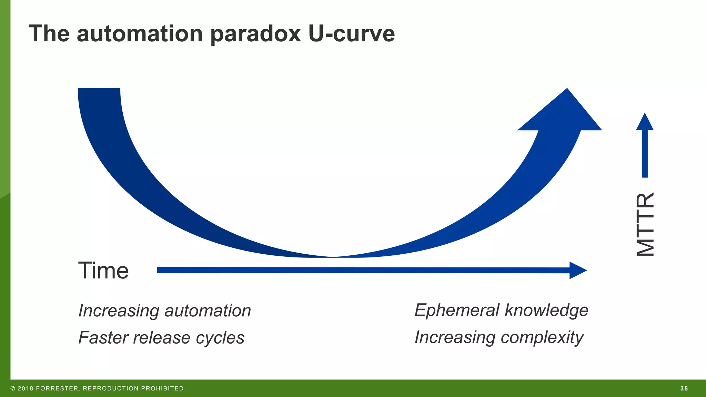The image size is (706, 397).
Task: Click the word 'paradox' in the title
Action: [x=255, y=34]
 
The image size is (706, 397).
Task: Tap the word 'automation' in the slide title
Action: [x=140, y=34]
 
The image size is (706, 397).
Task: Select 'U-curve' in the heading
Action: [x=351, y=34]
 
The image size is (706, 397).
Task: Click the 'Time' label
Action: [x=103, y=271]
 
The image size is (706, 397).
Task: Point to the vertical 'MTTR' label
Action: [x=645, y=224]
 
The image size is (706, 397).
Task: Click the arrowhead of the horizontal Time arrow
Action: [x=577, y=270]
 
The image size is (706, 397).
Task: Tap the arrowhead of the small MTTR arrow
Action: [x=645, y=122]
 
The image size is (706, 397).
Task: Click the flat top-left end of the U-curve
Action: [x=99, y=89]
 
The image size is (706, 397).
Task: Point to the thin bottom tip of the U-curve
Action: [x=333, y=257]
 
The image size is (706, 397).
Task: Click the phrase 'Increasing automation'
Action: [x=164, y=311]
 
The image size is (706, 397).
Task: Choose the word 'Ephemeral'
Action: [x=457, y=310]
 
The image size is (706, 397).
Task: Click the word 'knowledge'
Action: [x=546, y=310]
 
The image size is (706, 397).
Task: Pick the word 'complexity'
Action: [x=542, y=337]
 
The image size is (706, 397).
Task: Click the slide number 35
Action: [x=684, y=389]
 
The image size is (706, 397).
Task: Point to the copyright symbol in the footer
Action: [x=13, y=389]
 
